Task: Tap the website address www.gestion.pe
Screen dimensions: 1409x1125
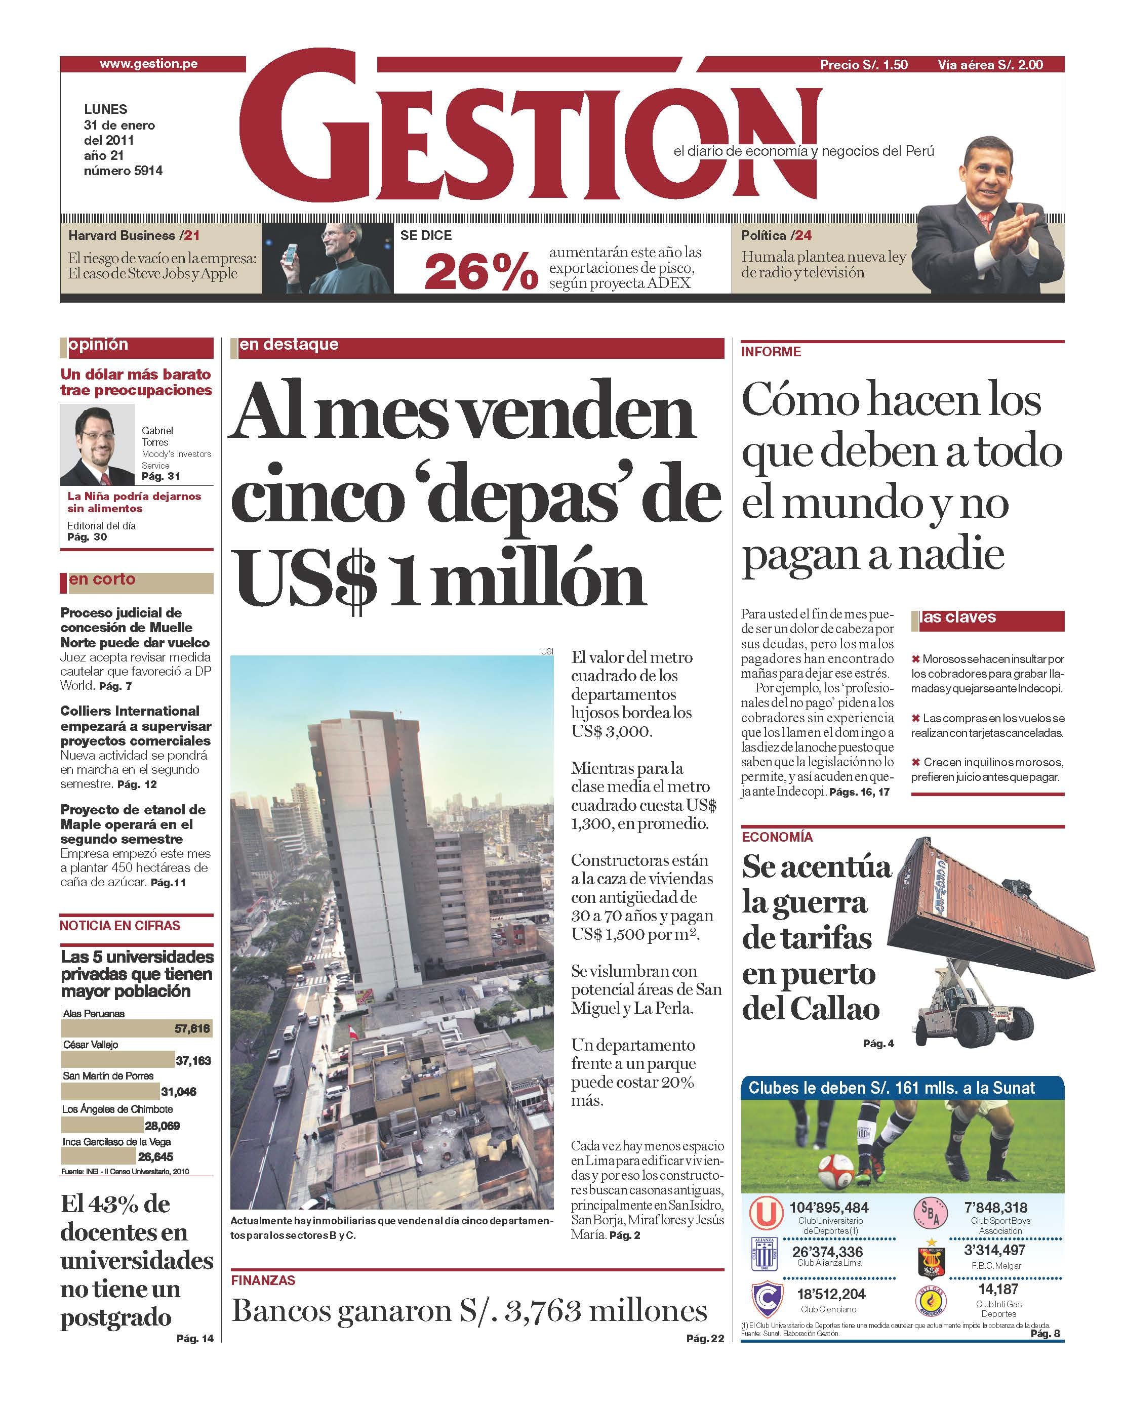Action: click(148, 64)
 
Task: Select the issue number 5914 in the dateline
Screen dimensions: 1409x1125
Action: click(148, 171)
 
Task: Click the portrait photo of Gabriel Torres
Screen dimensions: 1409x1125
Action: click(97, 444)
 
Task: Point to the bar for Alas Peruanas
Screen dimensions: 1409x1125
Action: click(136, 1028)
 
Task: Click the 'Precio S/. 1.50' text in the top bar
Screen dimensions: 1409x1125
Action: click(864, 65)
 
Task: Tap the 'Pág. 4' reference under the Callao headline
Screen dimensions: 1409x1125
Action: click(878, 1044)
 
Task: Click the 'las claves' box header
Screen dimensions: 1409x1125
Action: click(958, 617)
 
